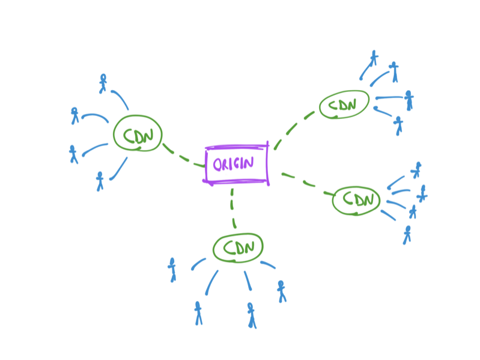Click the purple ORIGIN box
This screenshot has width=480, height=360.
(237, 163)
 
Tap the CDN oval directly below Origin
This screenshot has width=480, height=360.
(238, 248)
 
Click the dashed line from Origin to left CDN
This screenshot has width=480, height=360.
(183, 157)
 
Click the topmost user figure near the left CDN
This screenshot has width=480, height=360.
(103, 82)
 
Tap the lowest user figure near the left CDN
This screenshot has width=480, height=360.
(100, 180)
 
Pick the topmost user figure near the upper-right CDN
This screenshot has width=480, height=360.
(374, 58)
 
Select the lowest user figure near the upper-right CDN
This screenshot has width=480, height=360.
(398, 125)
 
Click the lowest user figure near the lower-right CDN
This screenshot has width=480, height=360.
(407, 234)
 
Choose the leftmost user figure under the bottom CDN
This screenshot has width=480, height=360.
(172, 269)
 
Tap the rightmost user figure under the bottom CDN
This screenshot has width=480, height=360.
(281, 291)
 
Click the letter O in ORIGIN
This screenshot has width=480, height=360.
(217, 163)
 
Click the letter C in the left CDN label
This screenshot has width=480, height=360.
(128, 135)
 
